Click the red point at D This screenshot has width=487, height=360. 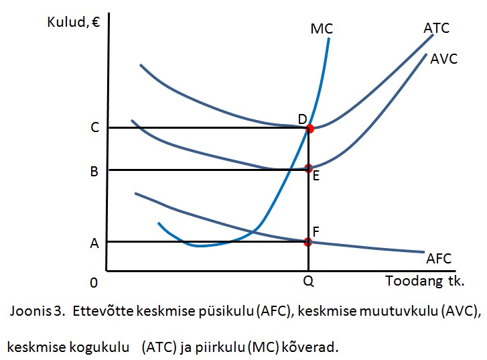[x=309, y=128]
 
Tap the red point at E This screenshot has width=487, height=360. [x=308, y=168]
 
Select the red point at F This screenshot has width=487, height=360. [x=308, y=241]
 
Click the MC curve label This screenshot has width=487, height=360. [x=322, y=29]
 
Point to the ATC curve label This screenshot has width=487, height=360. [x=436, y=28]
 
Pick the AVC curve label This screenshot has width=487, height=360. [x=443, y=59]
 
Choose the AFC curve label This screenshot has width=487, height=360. [x=439, y=259]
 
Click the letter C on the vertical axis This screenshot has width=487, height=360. [x=94, y=127]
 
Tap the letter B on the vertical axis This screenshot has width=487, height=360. [x=94, y=171]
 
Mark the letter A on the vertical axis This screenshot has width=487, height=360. [x=94, y=244]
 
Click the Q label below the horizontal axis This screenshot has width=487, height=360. [x=308, y=282]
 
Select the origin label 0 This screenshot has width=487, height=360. [x=94, y=282]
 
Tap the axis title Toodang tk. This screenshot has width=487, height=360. [x=425, y=281]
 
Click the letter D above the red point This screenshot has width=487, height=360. [x=302, y=119]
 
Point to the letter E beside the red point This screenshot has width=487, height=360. [x=316, y=176]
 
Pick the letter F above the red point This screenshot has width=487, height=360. [x=316, y=231]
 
